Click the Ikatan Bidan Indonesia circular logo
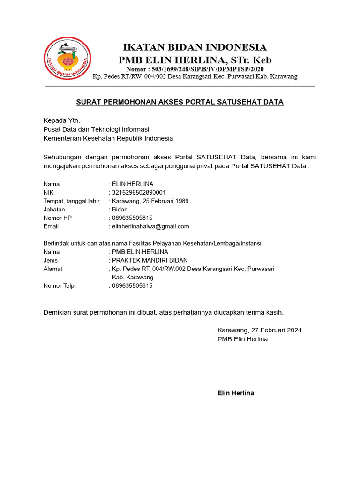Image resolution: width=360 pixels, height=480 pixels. (x=67, y=58)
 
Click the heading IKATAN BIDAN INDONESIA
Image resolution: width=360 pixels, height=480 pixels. (x=195, y=47)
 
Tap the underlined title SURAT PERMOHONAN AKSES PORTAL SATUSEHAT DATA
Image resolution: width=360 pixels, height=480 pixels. (x=180, y=102)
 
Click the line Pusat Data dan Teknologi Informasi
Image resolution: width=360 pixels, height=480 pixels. (x=96, y=129)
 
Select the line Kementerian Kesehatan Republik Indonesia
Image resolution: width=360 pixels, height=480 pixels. (x=108, y=138)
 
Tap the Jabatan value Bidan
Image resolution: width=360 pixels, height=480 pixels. (x=120, y=210)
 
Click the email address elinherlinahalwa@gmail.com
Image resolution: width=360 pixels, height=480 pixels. (x=150, y=226)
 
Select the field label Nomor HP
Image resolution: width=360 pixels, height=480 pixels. (x=58, y=218)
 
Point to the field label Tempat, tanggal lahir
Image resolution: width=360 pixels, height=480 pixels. (x=72, y=201)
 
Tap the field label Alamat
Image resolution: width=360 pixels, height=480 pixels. (x=53, y=269)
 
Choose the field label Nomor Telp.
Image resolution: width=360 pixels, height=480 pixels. (x=60, y=285)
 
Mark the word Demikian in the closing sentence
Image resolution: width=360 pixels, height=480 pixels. (x=57, y=312)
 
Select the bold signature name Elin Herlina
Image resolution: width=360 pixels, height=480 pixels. (x=236, y=393)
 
